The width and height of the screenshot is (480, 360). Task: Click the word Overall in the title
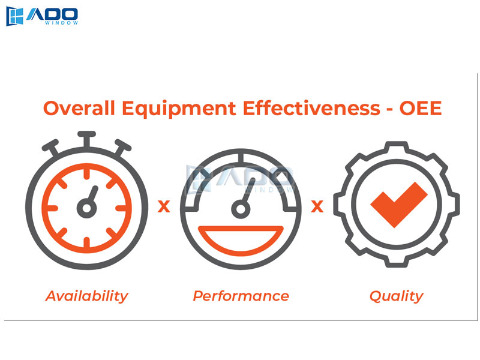point(79,108)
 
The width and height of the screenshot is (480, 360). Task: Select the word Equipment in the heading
point(179,109)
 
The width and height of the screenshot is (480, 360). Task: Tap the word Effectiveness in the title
point(311,108)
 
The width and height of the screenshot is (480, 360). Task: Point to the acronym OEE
point(421,108)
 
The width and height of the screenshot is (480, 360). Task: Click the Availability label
point(86,296)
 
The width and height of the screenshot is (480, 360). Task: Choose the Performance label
point(241,296)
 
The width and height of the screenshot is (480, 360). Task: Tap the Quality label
point(397,296)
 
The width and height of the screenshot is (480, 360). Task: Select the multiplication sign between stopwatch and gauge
point(164,206)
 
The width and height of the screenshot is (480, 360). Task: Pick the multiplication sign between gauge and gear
point(317,206)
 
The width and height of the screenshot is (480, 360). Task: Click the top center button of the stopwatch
point(86,134)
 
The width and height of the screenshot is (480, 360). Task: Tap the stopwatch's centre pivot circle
point(86,208)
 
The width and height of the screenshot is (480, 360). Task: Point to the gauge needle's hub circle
point(241,209)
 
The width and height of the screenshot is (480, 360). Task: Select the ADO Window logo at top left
point(42,16)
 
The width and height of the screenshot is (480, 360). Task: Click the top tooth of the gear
point(397,146)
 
